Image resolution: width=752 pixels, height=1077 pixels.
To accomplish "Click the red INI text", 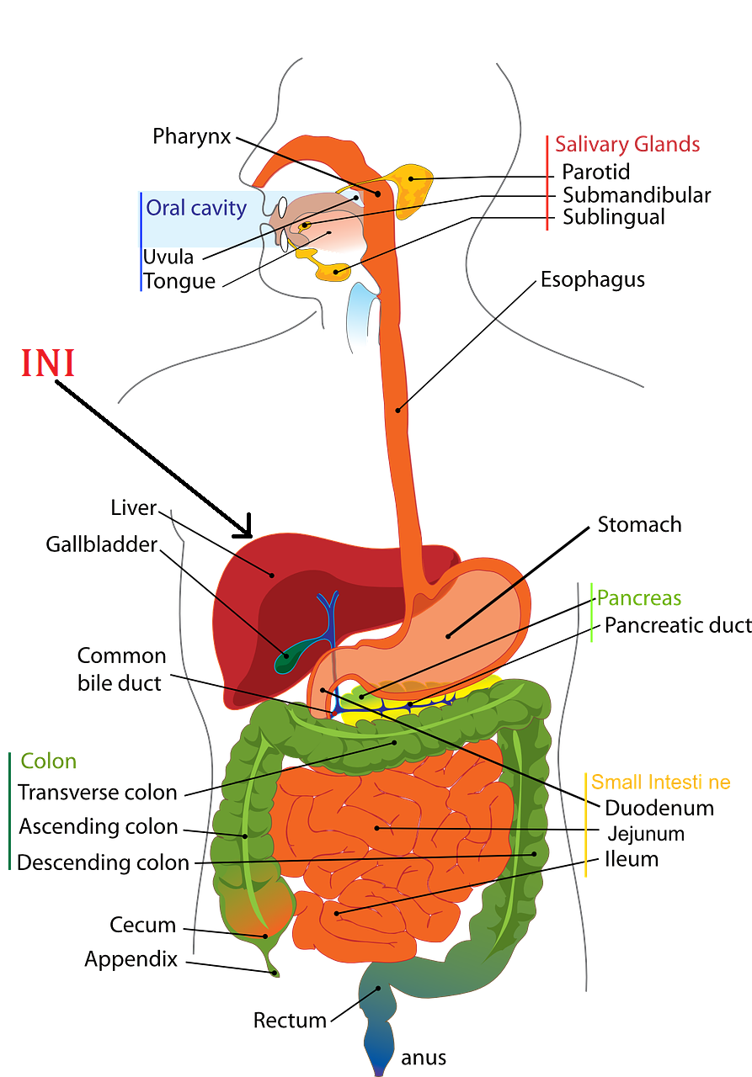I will (48, 363).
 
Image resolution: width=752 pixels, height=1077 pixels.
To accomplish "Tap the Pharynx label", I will (191, 135).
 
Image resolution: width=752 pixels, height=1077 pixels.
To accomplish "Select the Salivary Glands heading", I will (627, 144).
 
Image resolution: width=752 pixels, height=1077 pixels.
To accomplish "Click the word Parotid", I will (596, 172).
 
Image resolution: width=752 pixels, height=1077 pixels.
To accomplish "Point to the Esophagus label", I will (593, 279).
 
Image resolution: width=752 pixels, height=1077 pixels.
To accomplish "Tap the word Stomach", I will (639, 525).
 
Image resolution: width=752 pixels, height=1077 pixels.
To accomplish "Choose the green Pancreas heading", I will (639, 598).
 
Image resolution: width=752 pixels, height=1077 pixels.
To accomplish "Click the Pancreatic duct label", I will (678, 625).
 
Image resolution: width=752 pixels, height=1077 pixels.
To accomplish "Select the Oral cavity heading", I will (196, 208).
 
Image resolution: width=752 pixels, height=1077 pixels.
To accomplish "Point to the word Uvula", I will (168, 257).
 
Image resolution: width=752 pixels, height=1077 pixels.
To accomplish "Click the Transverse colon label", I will (98, 793).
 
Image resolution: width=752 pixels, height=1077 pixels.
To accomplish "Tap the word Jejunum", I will (646, 834).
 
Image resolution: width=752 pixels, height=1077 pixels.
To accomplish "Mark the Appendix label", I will (131, 959).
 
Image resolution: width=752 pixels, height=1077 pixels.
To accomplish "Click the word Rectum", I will (290, 1021).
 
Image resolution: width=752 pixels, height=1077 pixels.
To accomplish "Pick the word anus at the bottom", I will (424, 1058).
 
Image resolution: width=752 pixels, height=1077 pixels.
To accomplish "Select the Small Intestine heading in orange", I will (660, 783).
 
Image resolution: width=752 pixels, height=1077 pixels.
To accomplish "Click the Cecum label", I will (143, 926).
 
